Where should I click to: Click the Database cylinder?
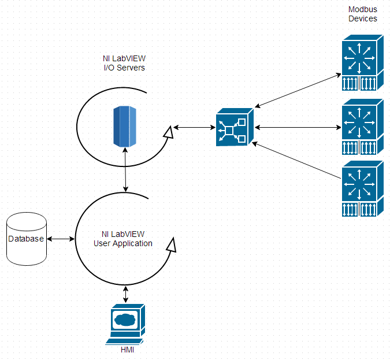coord(26,239)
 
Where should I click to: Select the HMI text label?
coord(127,350)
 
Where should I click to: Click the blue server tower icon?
coord(124,125)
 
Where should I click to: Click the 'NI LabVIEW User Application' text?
coord(122,239)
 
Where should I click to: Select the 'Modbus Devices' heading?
coord(362,14)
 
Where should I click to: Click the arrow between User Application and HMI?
coord(126,295)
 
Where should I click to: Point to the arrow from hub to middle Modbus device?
coord(297,127)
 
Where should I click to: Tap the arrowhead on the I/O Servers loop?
coord(167,133)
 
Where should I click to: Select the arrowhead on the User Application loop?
coord(170,244)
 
